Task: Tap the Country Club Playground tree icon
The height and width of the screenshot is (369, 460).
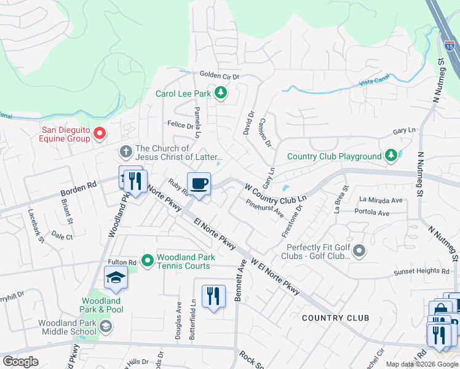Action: tap(391, 156)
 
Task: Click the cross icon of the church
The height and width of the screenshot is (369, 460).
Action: tap(125, 151)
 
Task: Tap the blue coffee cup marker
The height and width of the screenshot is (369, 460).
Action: tap(199, 184)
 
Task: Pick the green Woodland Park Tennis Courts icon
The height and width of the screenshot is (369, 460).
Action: tap(148, 261)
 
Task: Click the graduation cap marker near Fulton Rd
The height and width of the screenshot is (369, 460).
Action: tap(116, 279)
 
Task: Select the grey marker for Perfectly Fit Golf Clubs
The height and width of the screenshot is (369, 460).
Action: tap(360, 250)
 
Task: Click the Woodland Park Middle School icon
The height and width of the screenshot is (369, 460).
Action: tap(105, 326)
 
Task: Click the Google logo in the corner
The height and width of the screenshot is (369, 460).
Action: tap(21, 362)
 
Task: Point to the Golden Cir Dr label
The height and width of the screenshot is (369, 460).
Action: tap(218, 75)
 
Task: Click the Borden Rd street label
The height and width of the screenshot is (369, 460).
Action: tap(79, 188)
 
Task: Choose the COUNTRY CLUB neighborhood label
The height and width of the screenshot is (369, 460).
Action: tap(336, 317)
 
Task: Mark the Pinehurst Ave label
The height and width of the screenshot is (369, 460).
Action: tap(264, 208)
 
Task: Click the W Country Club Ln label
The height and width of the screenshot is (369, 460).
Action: tap(276, 192)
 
